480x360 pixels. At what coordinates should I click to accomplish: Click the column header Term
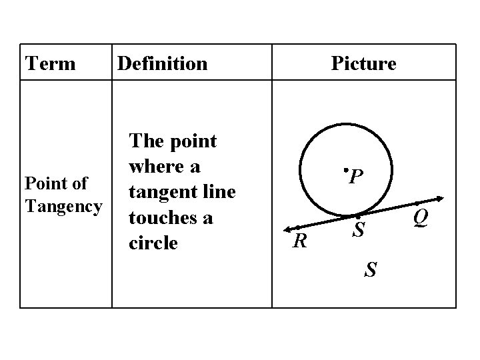[x=51, y=64]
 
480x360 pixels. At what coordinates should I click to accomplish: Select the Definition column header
[x=162, y=64]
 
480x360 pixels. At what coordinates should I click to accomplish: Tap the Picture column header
[x=363, y=64]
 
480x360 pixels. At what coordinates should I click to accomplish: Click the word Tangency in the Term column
[x=63, y=207]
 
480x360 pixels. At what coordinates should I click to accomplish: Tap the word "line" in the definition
[x=217, y=193]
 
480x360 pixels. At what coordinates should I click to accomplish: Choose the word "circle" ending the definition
[x=153, y=243]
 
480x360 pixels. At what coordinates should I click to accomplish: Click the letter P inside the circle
[x=356, y=177]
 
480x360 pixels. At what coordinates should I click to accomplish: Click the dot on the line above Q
[x=416, y=203]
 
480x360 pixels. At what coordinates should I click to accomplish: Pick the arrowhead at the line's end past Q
[x=442, y=197]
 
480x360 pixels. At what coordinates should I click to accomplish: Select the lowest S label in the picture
[x=371, y=270]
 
